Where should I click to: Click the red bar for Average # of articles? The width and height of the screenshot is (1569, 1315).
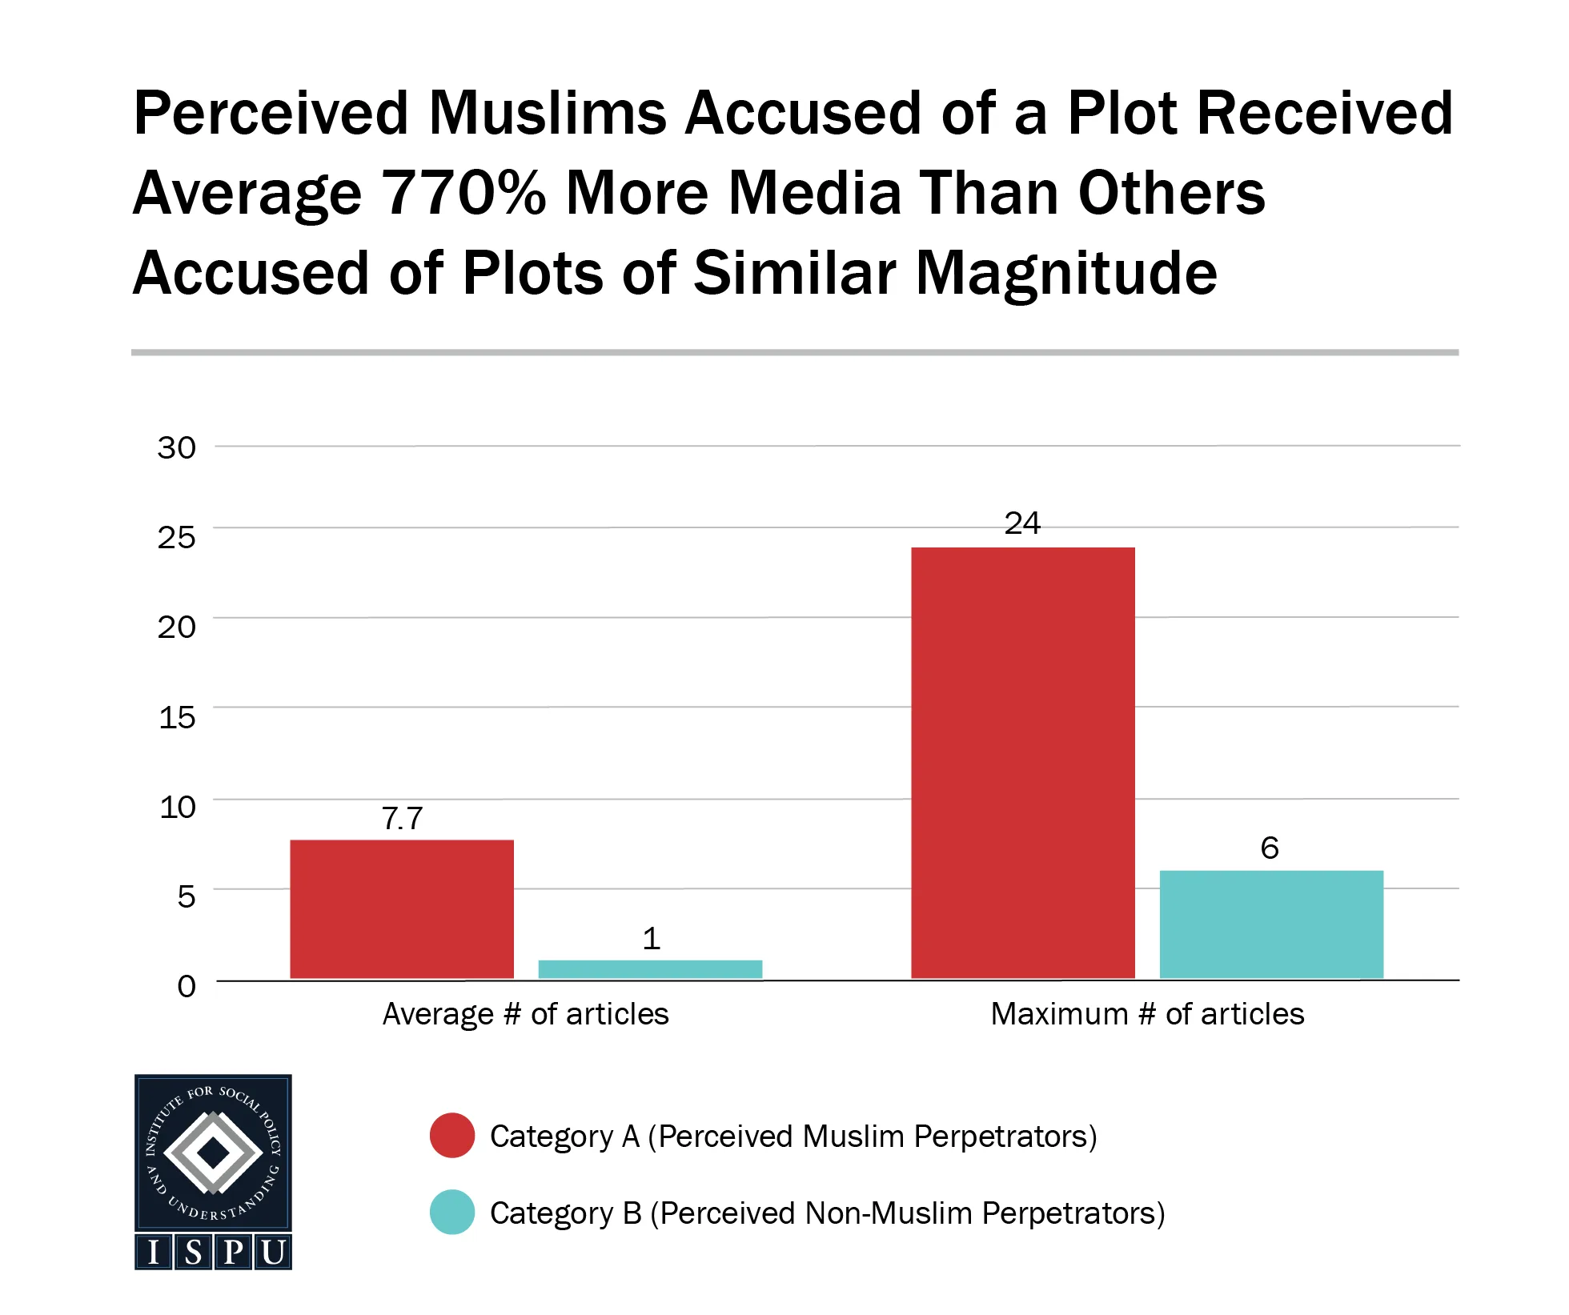pyautogui.click(x=401, y=908)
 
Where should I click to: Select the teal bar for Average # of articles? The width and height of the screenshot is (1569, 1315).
pyautogui.click(x=650, y=968)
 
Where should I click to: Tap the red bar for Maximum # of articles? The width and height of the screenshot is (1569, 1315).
pyautogui.click(x=1022, y=762)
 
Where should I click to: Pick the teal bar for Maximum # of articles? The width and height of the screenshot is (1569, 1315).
pyautogui.click(x=1271, y=924)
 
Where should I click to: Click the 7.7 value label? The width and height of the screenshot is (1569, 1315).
pyautogui.click(x=402, y=818)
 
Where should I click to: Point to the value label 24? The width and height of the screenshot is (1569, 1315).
pyautogui.click(x=1022, y=523)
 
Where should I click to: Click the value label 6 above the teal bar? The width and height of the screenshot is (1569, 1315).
pyautogui.click(x=1270, y=848)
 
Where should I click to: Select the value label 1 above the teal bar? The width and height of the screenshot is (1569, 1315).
pyautogui.click(x=651, y=938)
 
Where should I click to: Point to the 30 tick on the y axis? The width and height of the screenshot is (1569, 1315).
pyautogui.click(x=177, y=447)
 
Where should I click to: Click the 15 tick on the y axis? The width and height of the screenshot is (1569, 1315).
pyautogui.click(x=177, y=717)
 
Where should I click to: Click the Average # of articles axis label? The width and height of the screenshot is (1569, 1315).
pyautogui.click(x=525, y=1014)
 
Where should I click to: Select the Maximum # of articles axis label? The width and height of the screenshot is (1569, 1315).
pyautogui.click(x=1147, y=1014)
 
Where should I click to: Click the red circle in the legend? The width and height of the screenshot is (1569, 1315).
pyautogui.click(x=452, y=1135)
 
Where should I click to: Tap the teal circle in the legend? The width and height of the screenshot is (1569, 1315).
pyautogui.click(x=452, y=1212)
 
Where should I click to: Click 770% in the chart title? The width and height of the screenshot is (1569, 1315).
pyautogui.click(x=463, y=193)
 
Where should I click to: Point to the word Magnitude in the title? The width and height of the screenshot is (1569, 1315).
pyautogui.click(x=1066, y=273)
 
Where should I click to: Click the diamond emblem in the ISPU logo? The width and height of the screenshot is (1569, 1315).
pyautogui.click(x=213, y=1153)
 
